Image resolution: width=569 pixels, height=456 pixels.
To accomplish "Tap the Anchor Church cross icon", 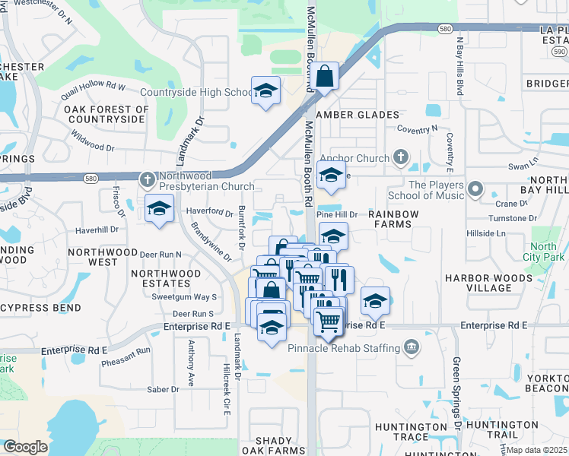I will click(x=402, y=158).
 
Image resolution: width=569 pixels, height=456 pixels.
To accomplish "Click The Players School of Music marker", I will click(x=476, y=188).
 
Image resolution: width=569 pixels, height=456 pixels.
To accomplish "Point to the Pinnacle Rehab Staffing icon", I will click(x=412, y=347).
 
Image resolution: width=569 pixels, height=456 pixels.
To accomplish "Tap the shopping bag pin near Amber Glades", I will click(x=324, y=78).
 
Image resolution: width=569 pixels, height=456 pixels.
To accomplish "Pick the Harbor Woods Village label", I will click(x=488, y=283).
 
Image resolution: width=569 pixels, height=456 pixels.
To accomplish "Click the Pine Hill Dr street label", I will click(x=336, y=215).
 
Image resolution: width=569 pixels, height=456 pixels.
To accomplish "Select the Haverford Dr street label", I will click(x=206, y=213).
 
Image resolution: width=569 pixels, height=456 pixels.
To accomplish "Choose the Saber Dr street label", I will click(x=163, y=389).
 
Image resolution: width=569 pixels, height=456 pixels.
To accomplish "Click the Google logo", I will click(x=25, y=447).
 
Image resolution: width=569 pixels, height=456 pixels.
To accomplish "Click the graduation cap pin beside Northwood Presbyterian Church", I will click(x=159, y=209).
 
